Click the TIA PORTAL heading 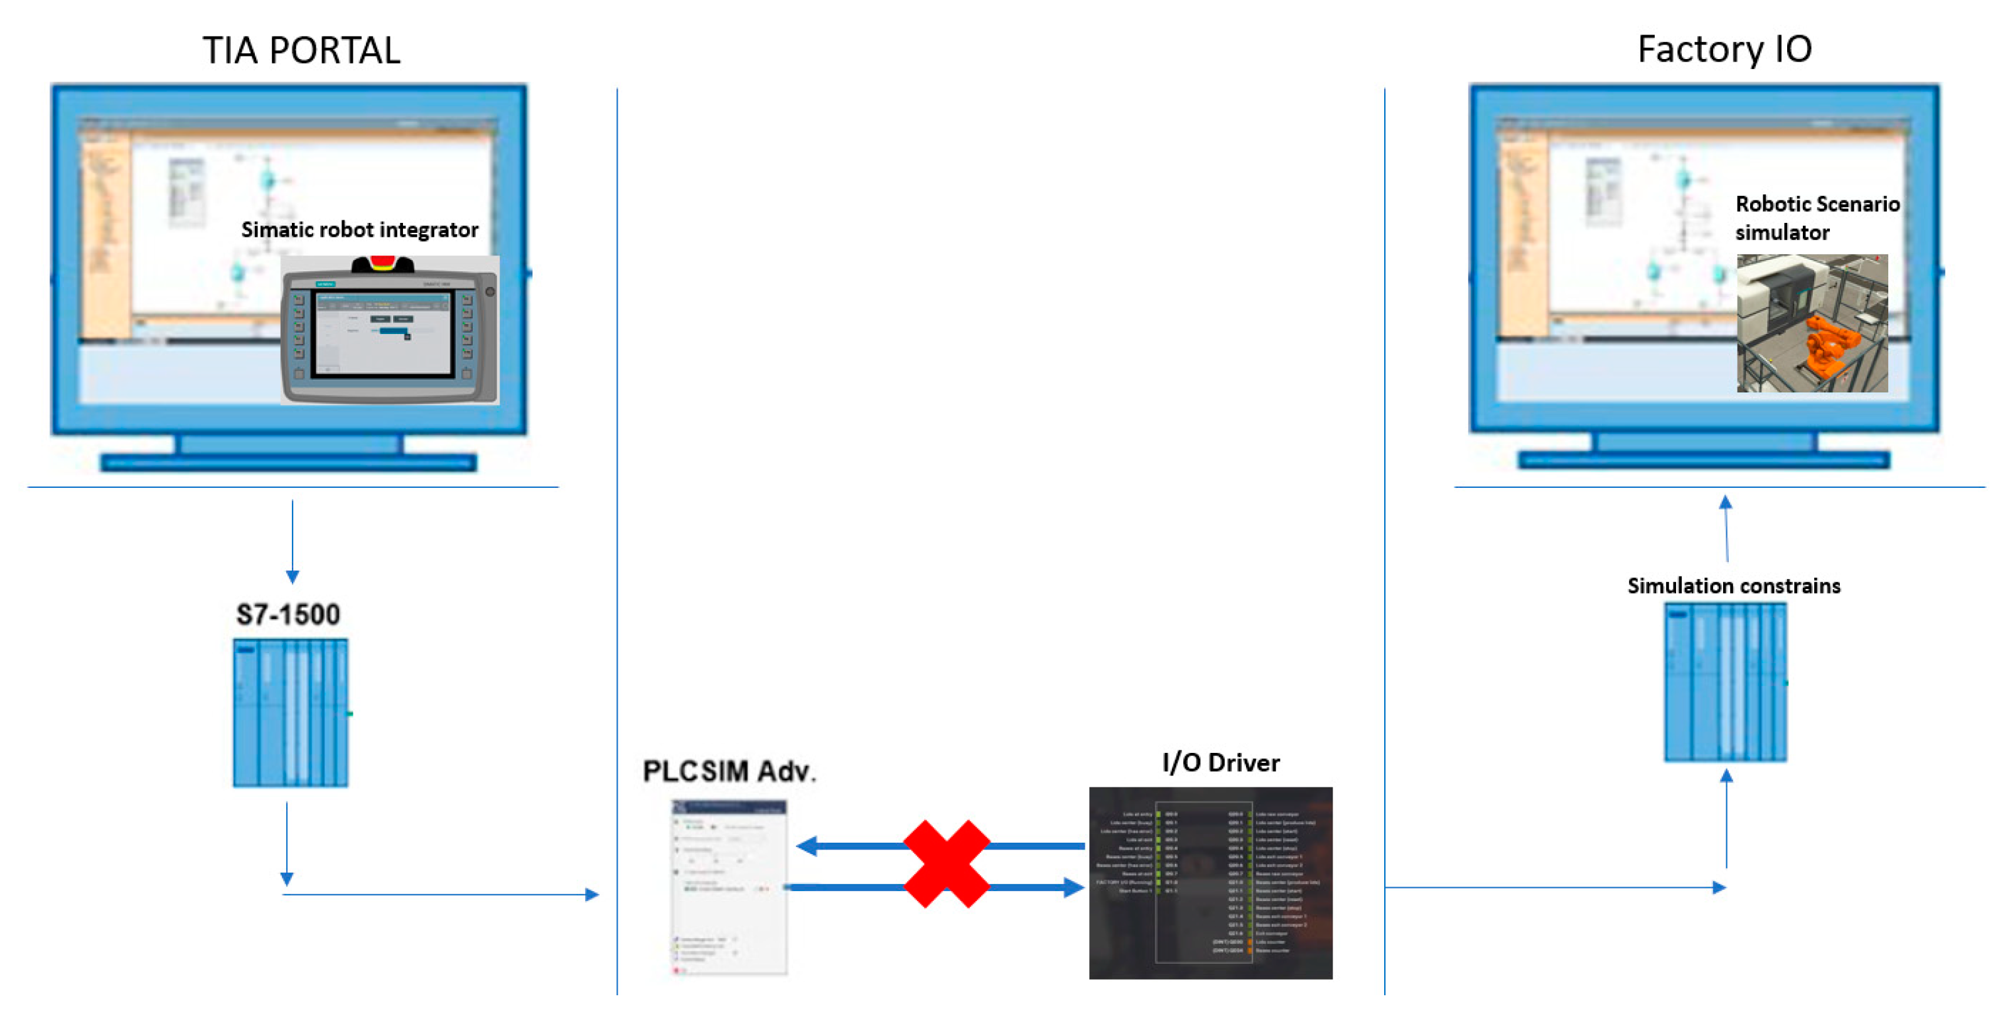(x=301, y=51)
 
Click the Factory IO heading (x=1724, y=49)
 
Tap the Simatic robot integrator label (x=359, y=229)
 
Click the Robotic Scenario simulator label (x=1817, y=218)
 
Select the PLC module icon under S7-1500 (x=290, y=713)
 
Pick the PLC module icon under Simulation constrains (x=1725, y=682)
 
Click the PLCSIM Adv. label (x=729, y=771)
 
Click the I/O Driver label (x=1220, y=763)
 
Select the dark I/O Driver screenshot (x=1210, y=883)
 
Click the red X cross (x=947, y=864)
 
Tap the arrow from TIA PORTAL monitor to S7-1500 (x=293, y=542)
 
